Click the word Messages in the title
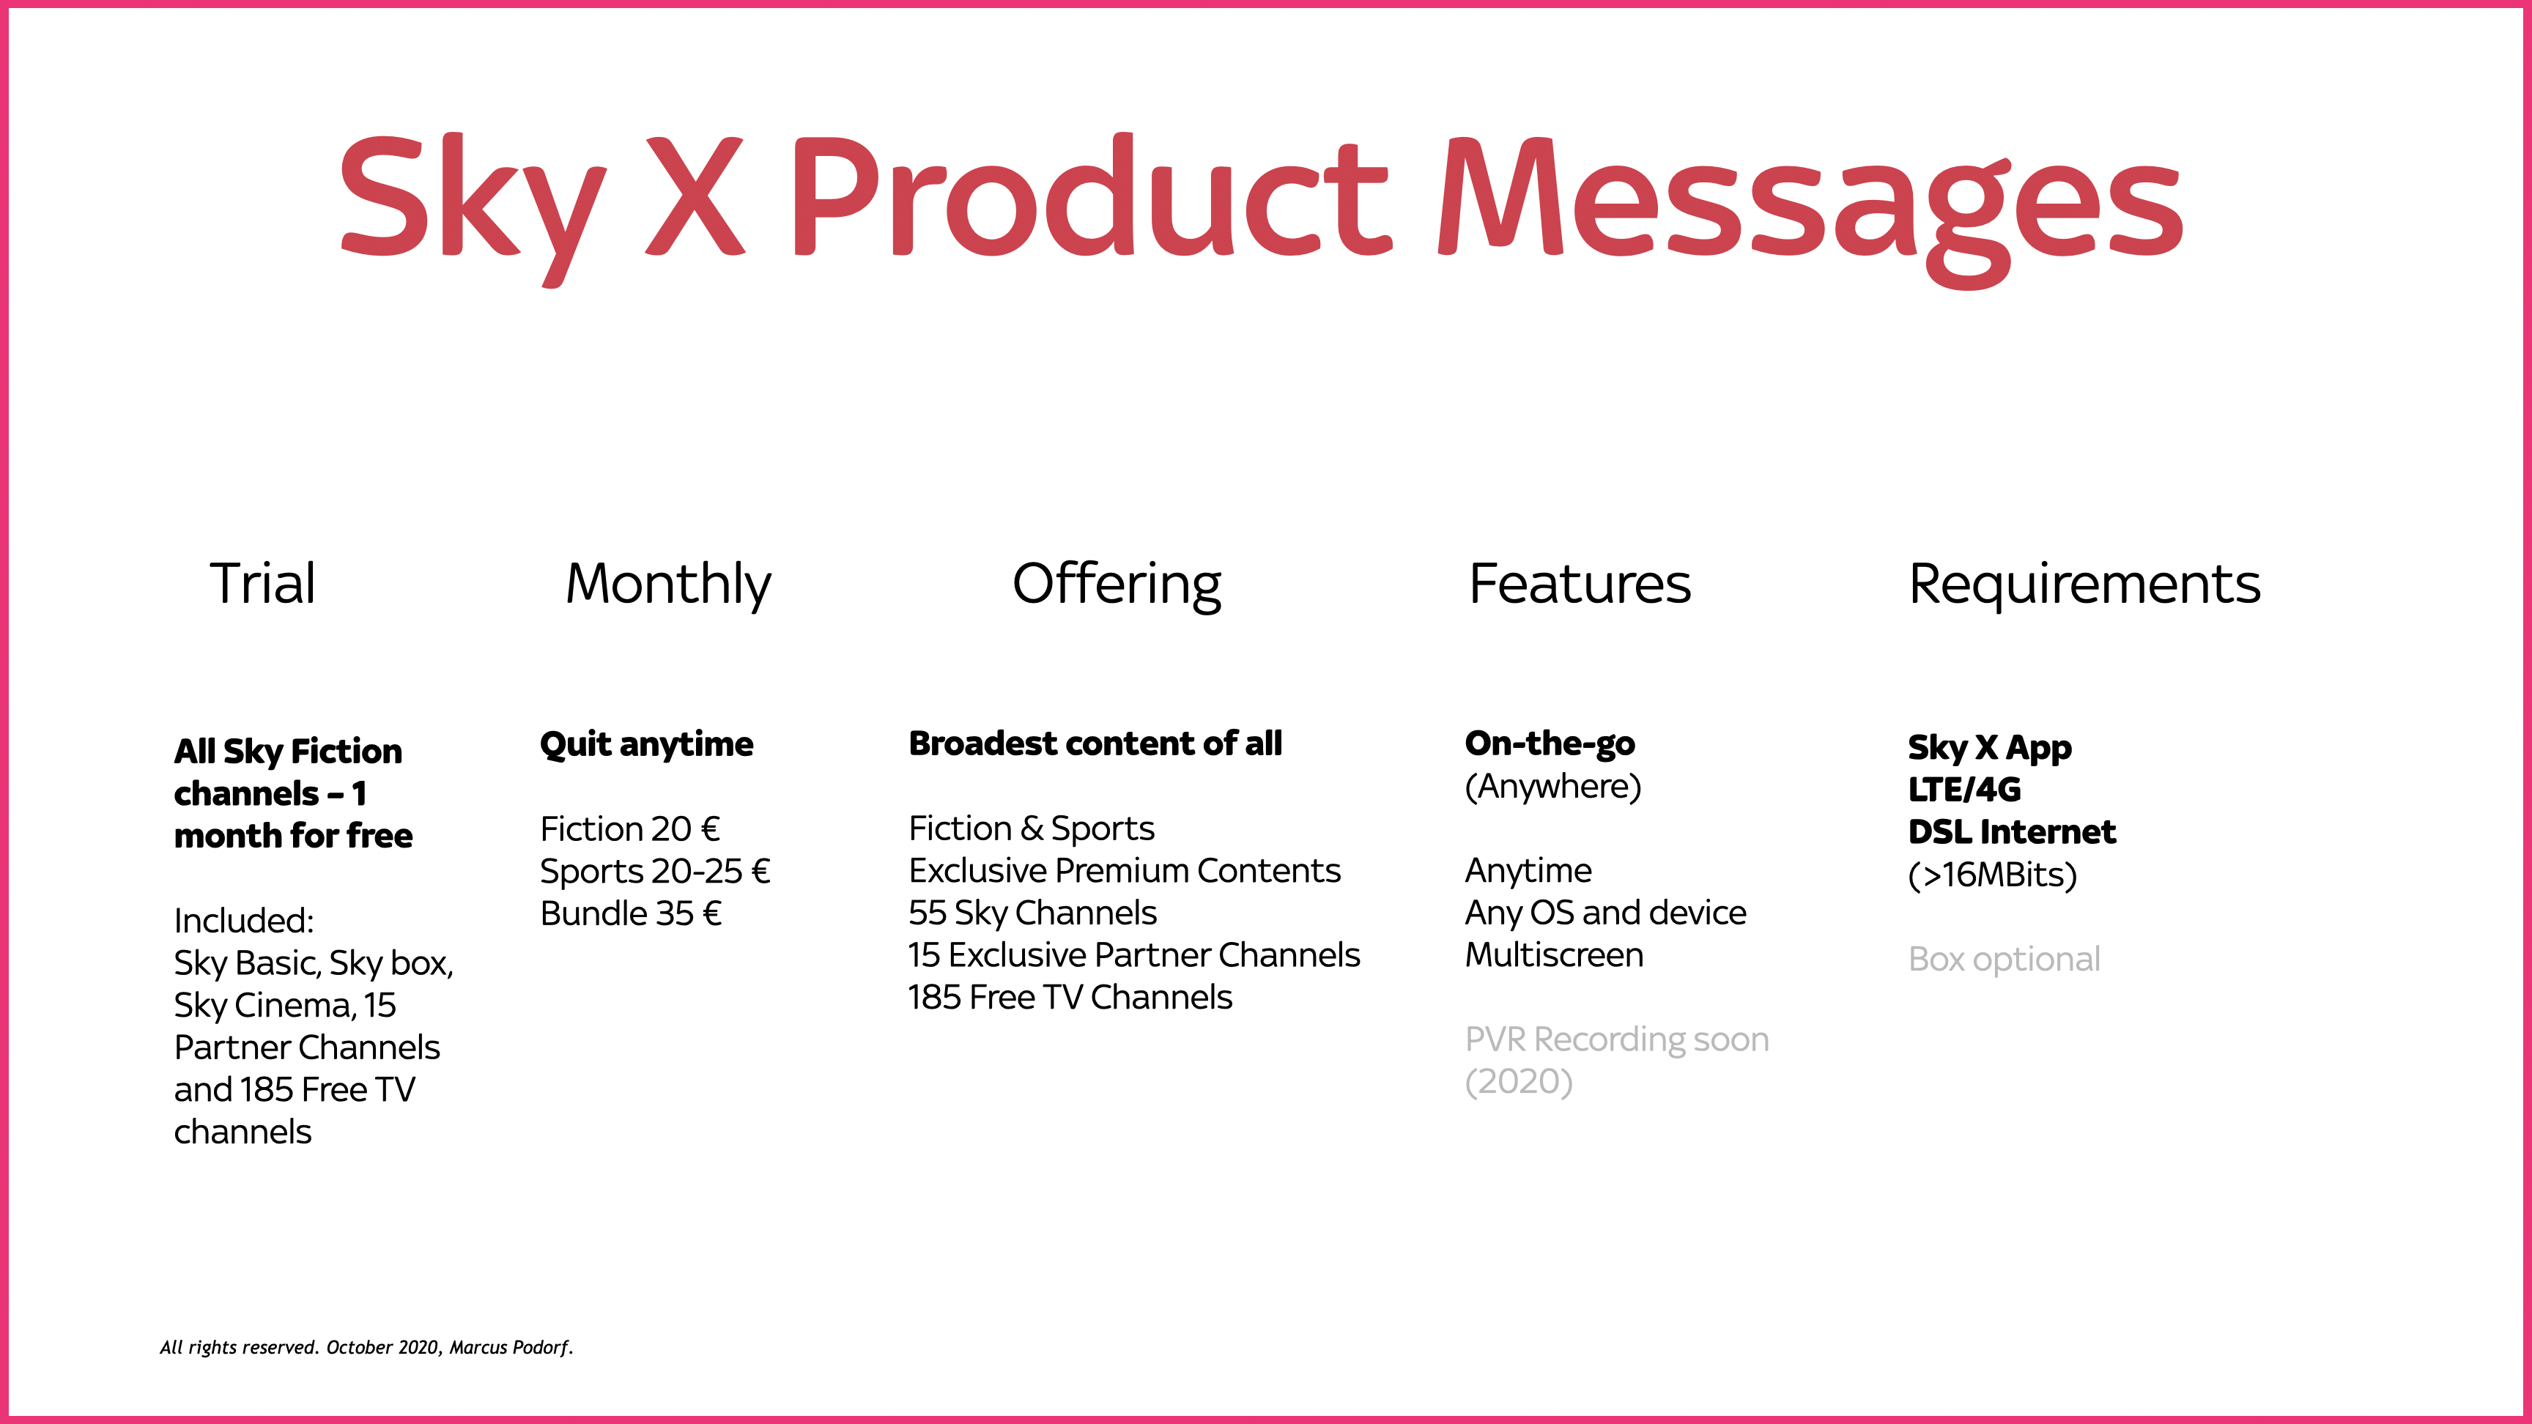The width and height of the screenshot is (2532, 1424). (x=1809, y=207)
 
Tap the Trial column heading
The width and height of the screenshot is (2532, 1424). (x=262, y=584)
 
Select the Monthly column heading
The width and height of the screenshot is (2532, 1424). (x=668, y=587)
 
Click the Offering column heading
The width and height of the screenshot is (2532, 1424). (x=1117, y=587)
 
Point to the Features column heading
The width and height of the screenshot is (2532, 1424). (x=1580, y=584)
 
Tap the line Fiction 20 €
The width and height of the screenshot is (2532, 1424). (x=630, y=829)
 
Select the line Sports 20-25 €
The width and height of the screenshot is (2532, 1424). (x=655, y=872)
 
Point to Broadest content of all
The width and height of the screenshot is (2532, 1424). (x=1095, y=744)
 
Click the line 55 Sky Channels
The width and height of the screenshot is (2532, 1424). (x=1032, y=913)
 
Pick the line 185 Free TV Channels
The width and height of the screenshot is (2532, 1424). (x=1070, y=998)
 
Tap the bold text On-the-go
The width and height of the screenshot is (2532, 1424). (x=1550, y=745)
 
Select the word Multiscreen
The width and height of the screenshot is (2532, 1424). (x=1554, y=955)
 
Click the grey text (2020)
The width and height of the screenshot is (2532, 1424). (x=1519, y=1082)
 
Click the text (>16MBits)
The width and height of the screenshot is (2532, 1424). (x=1992, y=875)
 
